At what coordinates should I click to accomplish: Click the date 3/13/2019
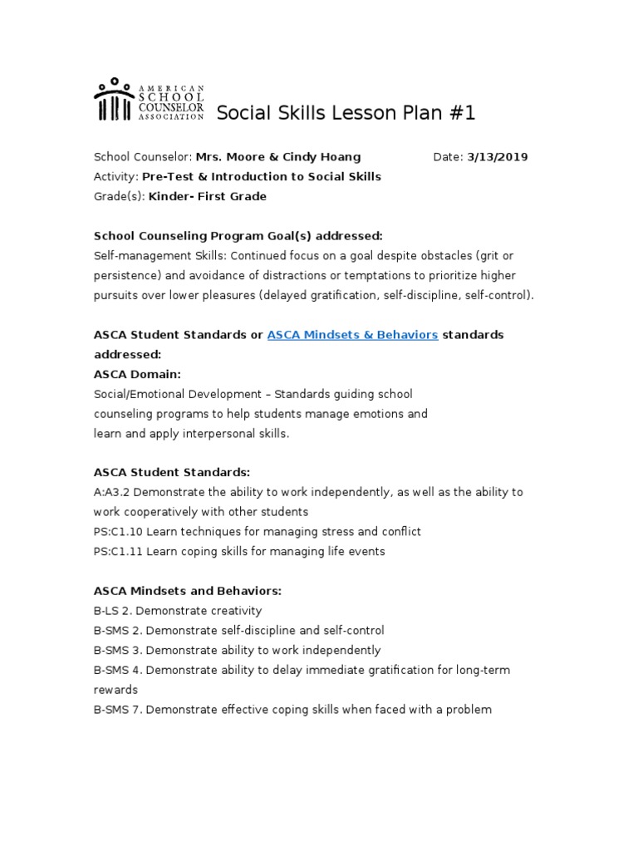(x=498, y=157)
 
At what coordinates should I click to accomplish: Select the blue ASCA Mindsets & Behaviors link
(x=352, y=335)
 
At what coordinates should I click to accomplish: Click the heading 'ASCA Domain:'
(x=137, y=374)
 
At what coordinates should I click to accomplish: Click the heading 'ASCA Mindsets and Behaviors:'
(x=188, y=591)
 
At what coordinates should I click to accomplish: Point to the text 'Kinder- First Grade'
(x=208, y=197)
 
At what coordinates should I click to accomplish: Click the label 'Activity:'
(x=115, y=177)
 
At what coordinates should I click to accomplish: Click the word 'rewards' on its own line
(x=115, y=690)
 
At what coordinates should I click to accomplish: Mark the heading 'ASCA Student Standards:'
(x=172, y=473)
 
